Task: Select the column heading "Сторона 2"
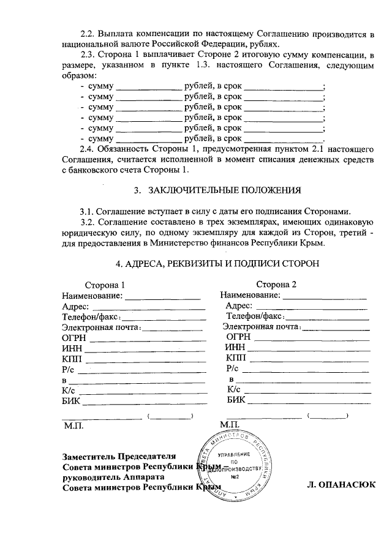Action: coord(276,285)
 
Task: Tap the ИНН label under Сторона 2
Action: coord(235,347)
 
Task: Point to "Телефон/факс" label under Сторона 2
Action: coord(254,316)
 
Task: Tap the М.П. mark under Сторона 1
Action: coord(73,424)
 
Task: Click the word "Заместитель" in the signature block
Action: coord(88,456)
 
